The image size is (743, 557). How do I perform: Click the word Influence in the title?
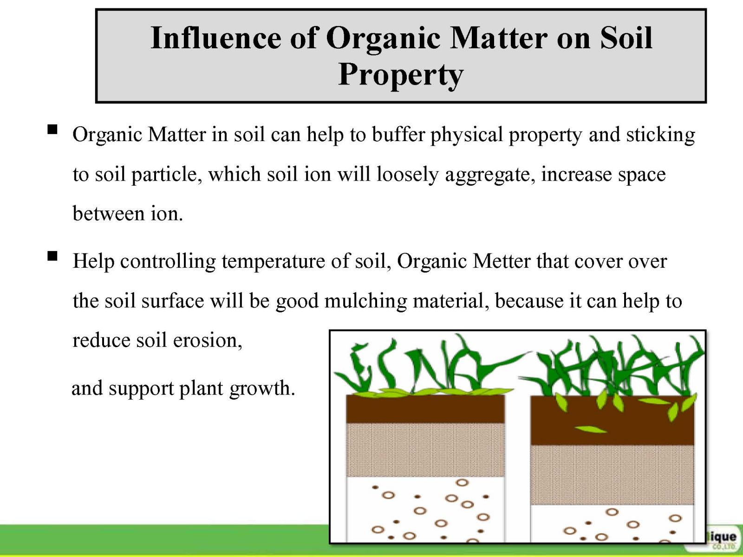[215, 38]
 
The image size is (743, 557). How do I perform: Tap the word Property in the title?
[401, 75]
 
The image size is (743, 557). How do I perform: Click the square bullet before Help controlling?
[52, 256]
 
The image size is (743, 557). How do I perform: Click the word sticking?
[660, 135]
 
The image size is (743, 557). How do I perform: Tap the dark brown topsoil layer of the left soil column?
[425, 409]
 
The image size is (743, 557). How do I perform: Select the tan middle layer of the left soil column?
[425, 450]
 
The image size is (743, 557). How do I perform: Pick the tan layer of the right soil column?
[612, 475]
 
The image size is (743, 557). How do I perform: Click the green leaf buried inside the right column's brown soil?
[591, 430]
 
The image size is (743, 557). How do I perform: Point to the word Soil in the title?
[626, 38]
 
